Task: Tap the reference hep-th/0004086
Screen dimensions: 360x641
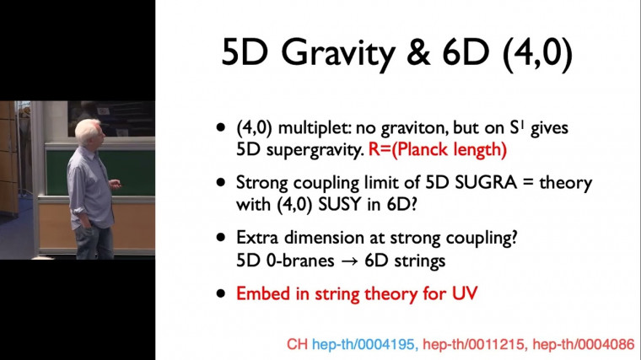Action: [580, 344]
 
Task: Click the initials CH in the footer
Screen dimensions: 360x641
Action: [297, 344]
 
